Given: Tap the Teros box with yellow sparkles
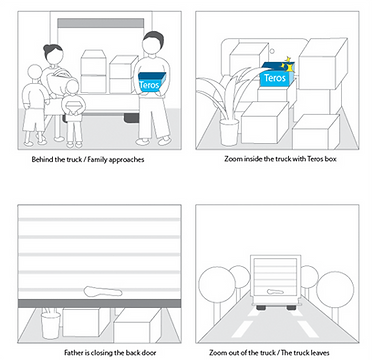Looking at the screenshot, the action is click(x=276, y=76).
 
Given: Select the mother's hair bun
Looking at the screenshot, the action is click(x=50, y=47).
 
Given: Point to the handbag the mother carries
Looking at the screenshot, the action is click(x=57, y=82).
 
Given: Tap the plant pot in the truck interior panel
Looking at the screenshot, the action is click(x=229, y=132).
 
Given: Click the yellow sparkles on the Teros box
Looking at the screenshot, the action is click(x=287, y=64).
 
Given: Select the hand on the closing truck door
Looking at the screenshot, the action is click(x=103, y=292).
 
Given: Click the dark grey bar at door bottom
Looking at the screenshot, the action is click(x=99, y=303).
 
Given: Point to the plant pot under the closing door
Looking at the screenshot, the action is click(x=51, y=324).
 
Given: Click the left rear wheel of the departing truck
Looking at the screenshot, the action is click(x=261, y=307).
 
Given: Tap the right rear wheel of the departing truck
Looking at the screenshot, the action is click(x=291, y=307).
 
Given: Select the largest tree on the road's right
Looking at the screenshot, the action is click(x=335, y=288).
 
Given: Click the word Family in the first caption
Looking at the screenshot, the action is click(x=96, y=159).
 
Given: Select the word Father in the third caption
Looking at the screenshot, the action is click(x=73, y=352).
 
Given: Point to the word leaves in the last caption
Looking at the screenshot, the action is click(x=321, y=352).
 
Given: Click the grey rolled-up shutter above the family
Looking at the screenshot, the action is click(x=101, y=23).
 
